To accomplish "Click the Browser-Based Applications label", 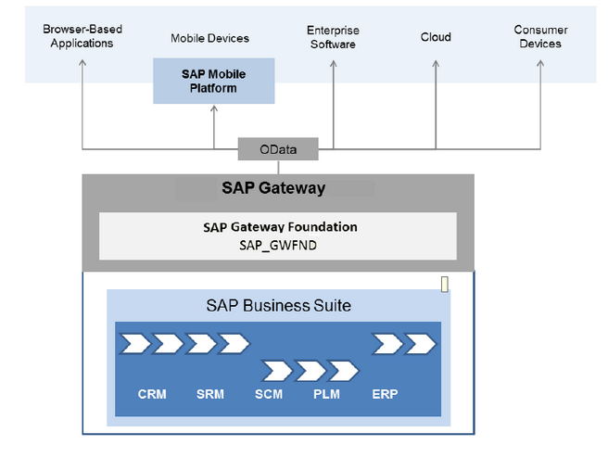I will tap(82, 36).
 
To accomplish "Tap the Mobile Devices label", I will tap(209, 38).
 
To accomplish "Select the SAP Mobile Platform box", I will tap(214, 82).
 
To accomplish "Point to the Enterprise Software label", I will tap(332, 37).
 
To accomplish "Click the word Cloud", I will tap(436, 37).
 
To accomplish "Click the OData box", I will tap(278, 148).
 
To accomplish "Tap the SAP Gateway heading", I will tap(273, 188).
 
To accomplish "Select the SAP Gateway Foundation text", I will tap(280, 226).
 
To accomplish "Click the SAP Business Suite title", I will tap(278, 305).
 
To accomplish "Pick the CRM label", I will tap(152, 394).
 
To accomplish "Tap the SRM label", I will tap(210, 394).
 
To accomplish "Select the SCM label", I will tap(270, 394).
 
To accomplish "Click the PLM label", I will tap(326, 394).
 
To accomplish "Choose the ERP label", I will tap(385, 394).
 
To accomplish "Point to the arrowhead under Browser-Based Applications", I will tap(83, 62).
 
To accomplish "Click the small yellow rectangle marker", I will tap(445, 284).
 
